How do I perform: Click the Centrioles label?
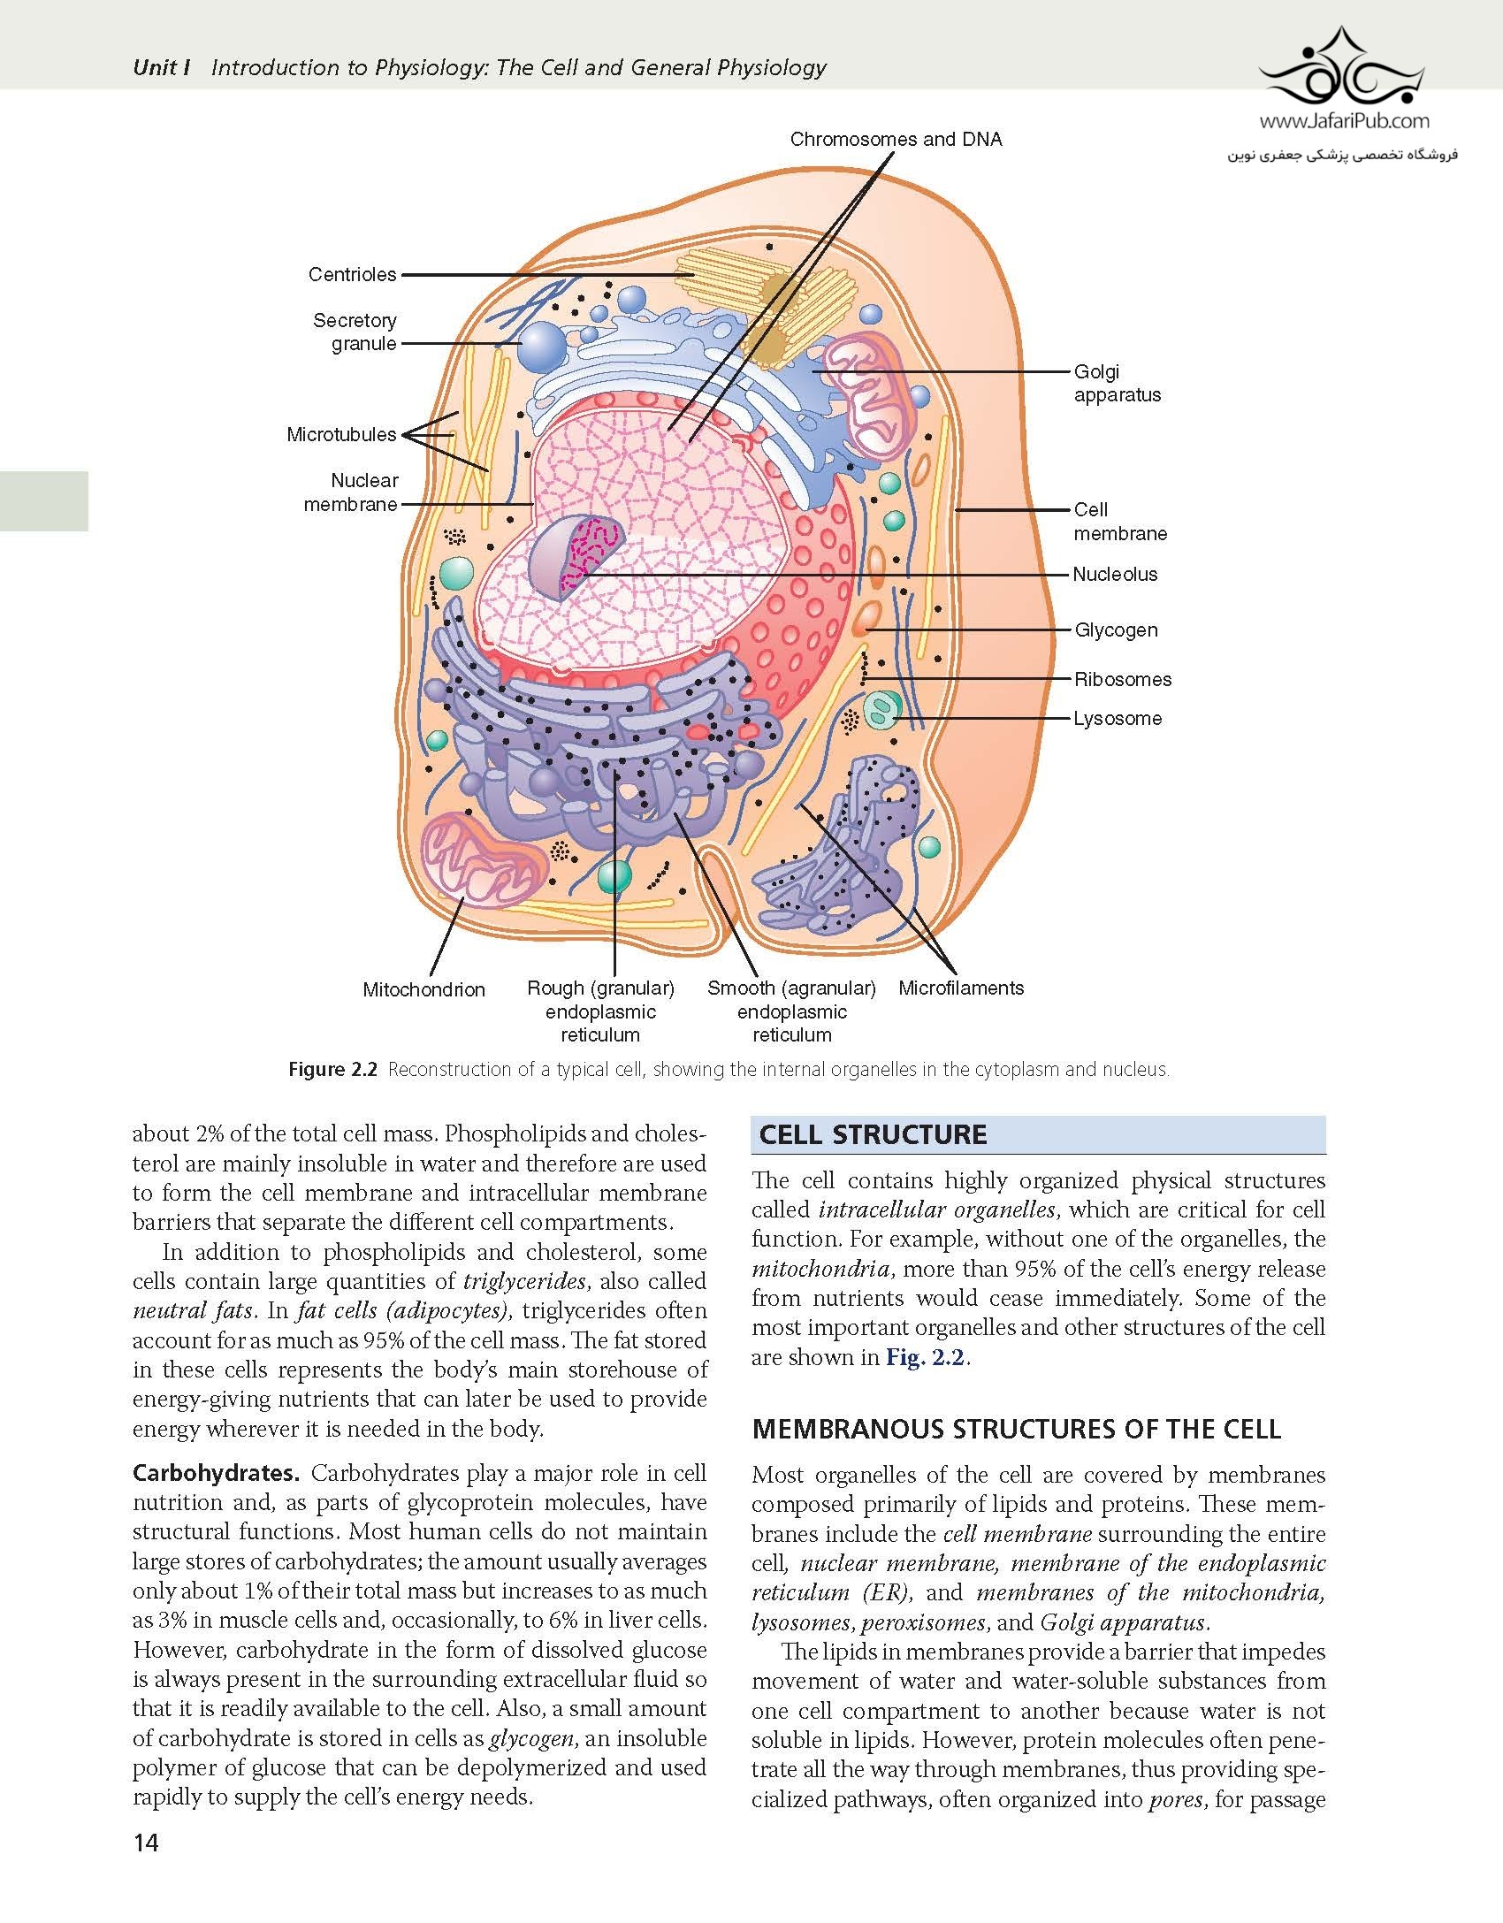352,275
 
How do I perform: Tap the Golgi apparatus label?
1118,384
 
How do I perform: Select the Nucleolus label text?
1115,575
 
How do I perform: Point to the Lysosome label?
1118,719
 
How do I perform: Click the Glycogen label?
1116,630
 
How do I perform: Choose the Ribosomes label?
1123,680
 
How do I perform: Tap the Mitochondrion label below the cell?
423,990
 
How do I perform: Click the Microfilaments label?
961,988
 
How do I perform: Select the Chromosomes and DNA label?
896,140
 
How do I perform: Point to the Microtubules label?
341,435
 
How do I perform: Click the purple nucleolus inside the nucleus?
576,557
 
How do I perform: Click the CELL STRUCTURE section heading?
873,1135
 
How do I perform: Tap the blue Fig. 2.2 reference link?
927,1357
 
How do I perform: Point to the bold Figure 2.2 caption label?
333,1070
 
